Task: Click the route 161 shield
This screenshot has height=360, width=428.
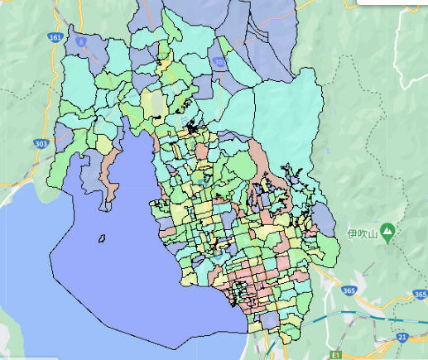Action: tap(55, 38)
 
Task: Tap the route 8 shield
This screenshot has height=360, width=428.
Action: tap(80, 39)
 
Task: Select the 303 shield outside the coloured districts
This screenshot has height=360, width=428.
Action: tap(41, 143)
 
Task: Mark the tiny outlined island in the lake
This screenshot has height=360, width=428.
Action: tap(102, 239)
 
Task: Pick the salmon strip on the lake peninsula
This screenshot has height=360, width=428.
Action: tap(107, 174)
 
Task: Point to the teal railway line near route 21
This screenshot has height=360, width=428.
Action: tap(364, 314)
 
